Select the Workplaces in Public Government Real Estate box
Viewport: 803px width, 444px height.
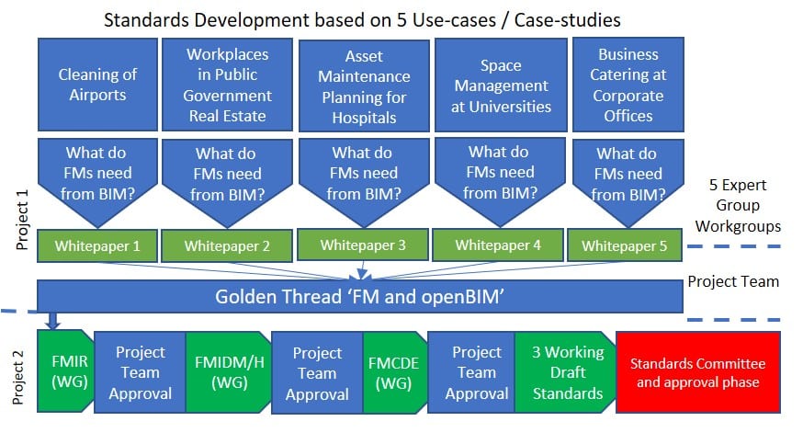[x=228, y=85]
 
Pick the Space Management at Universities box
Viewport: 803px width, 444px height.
[x=501, y=85]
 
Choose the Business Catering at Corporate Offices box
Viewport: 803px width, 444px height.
[x=628, y=85]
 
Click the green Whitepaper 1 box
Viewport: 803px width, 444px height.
[x=97, y=245]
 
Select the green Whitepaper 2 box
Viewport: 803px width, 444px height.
[x=227, y=245]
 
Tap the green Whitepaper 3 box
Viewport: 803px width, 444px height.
[x=363, y=245]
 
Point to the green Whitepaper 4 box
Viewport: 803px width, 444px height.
[x=498, y=245]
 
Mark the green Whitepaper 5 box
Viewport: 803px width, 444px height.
[x=625, y=245]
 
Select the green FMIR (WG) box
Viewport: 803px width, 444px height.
[x=64, y=372]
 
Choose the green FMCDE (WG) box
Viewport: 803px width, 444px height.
[x=394, y=372]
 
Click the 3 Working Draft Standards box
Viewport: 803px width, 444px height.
[x=561, y=372]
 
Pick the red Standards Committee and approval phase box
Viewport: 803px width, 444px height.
[x=697, y=372]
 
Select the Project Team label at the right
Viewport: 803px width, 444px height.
[x=733, y=281]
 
